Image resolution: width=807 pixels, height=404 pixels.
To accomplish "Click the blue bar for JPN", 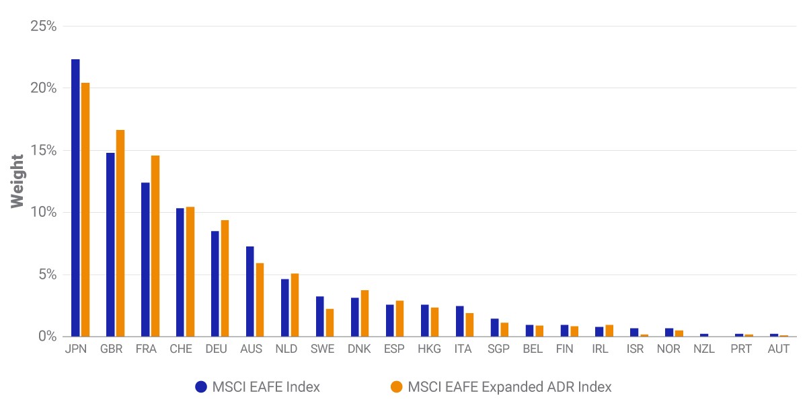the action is coord(75,198).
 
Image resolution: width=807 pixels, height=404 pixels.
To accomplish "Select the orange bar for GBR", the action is coord(120,233).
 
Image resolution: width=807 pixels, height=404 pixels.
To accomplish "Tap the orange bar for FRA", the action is coord(155,246).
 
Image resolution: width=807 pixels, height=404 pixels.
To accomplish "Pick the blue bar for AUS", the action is coord(250,292).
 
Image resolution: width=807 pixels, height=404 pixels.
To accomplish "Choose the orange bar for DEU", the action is coord(225,278).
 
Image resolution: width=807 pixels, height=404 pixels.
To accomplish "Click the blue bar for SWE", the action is coord(320,316).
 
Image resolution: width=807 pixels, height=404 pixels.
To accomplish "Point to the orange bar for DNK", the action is coord(364,313).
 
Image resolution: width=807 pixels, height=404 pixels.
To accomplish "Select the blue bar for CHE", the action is coord(180,272).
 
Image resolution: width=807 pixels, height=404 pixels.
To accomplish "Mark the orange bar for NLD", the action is coord(295,305).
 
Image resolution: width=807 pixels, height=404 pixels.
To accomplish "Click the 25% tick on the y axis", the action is coord(43,26).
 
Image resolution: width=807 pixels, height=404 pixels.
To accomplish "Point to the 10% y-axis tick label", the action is coord(43,212).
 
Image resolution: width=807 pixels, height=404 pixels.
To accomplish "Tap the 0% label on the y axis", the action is coord(47,336).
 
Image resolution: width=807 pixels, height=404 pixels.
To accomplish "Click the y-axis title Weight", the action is coord(17,181).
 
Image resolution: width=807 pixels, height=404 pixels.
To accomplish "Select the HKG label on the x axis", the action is coord(429,349).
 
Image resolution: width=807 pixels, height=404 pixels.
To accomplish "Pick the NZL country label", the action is coord(704,349).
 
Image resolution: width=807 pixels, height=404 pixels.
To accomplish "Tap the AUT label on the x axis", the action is coord(779,349).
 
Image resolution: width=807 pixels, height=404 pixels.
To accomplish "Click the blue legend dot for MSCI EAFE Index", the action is coord(201,386).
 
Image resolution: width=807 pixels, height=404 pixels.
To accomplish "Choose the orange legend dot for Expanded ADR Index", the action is coord(396,386).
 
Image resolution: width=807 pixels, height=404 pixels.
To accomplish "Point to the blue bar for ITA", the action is coord(460,321).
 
